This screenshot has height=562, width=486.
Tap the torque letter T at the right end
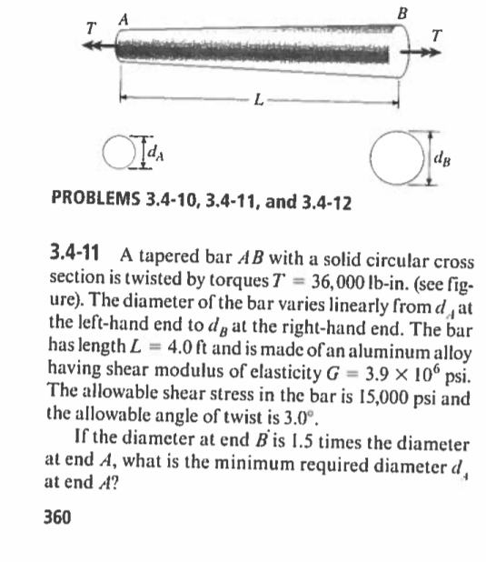tap(440, 35)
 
